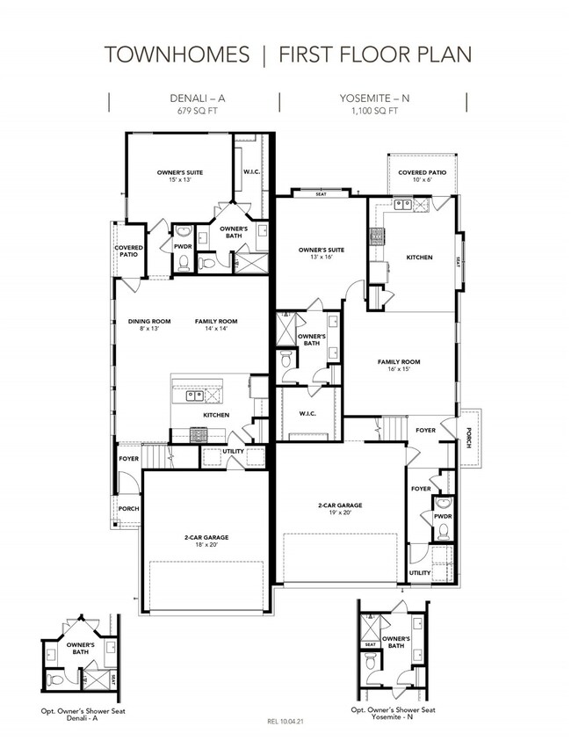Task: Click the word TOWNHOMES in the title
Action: (x=177, y=54)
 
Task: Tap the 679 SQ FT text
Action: (x=198, y=111)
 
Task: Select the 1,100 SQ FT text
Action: (x=374, y=111)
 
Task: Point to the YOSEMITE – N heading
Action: (x=374, y=98)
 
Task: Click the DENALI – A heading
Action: (x=198, y=98)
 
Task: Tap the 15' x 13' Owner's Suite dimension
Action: (x=180, y=179)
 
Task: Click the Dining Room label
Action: (x=149, y=322)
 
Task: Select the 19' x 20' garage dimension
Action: (x=340, y=512)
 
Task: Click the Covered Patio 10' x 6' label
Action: (x=422, y=176)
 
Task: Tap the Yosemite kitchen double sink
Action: (x=403, y=204)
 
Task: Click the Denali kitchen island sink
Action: (x=195, y=396)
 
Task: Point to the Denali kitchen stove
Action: (x=198, y=434)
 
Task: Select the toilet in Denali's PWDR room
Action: (x=184, y=263)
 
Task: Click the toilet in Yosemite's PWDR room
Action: (x=443, y=531)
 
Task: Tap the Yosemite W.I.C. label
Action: (x=307, y=413)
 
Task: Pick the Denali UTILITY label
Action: (x=234, y=451)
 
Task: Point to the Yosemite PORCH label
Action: (x=468, y=438)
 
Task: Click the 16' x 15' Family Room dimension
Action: (x=399, y=368)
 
